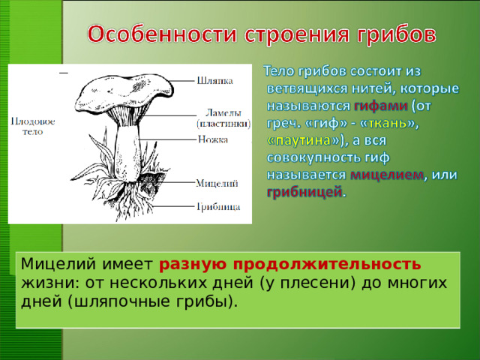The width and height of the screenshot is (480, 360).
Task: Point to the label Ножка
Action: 214,139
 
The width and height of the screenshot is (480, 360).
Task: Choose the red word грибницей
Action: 304,193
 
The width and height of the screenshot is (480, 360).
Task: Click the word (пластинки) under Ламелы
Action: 223,122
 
